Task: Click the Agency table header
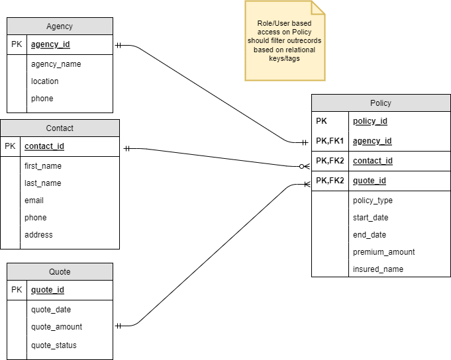(x=60, y=26)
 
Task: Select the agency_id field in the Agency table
(x=50, y=45)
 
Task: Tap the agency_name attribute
(x=56, y=64)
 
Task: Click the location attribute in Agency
(x=44, y=81)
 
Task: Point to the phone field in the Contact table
(x=36, y=218)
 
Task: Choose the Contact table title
(x=60, y=128)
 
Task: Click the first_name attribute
(x=43, y=166)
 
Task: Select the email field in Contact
(x=34, y=201)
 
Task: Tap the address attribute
(x=38, y=235)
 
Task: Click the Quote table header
(x=60, y=272)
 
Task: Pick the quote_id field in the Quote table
(x=47, y=290)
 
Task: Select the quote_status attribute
(x=54, y=345)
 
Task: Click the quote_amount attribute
(x=56, y=327)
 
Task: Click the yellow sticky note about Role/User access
(x=285, y=41)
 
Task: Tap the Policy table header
(x=381, y=103)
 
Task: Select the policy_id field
(x=370, y=121)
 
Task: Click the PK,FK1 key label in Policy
(x=330, y=141)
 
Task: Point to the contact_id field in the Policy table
(x=373, y=161)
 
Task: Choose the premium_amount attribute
(x=383, y=252)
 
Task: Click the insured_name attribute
(x=377, y=269)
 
